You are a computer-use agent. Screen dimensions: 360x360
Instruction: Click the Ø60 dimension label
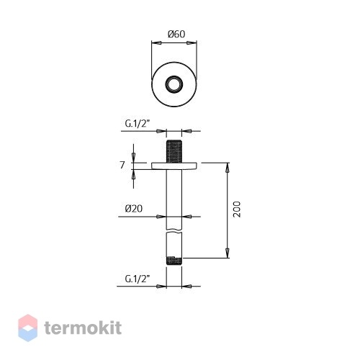pos(176,34)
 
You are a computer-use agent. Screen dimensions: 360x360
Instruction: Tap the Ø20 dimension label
pos(134,208)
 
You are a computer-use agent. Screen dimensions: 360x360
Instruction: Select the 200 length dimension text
pos(237,210)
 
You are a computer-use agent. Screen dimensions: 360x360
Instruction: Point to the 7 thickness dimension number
pos(122,165)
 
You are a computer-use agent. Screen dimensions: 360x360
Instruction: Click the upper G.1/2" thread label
pos(138,124)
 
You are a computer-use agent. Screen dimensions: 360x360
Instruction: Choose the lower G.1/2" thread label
pos(138,279)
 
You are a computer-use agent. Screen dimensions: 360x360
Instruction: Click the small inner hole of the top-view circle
pos(174,84)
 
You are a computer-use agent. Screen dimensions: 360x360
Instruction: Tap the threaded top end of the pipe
pos(174,151)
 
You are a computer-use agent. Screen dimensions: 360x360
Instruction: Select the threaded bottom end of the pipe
pos(174,261)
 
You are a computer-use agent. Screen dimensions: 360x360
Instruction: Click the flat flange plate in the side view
pos(174,166)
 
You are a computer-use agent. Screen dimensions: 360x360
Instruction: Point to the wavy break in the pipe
pos(174,232)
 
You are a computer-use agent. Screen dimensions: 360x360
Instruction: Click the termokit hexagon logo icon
pos(28,328)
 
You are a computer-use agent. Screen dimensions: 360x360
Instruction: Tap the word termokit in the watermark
pos(83,328)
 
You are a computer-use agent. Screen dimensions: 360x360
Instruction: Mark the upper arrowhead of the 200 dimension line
pos(227,167)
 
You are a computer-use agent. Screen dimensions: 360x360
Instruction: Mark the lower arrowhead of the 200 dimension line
pos(227,253)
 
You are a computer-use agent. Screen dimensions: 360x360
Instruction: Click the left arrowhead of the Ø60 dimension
pos(156,43)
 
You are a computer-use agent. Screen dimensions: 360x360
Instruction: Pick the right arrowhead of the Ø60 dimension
pos(192,43)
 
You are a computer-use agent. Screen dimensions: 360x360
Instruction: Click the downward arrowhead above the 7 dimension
pos(133,158)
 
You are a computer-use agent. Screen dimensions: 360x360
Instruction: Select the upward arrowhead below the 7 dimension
pos(133,174)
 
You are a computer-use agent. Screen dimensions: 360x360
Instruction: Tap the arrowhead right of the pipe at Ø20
pos(186,217)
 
